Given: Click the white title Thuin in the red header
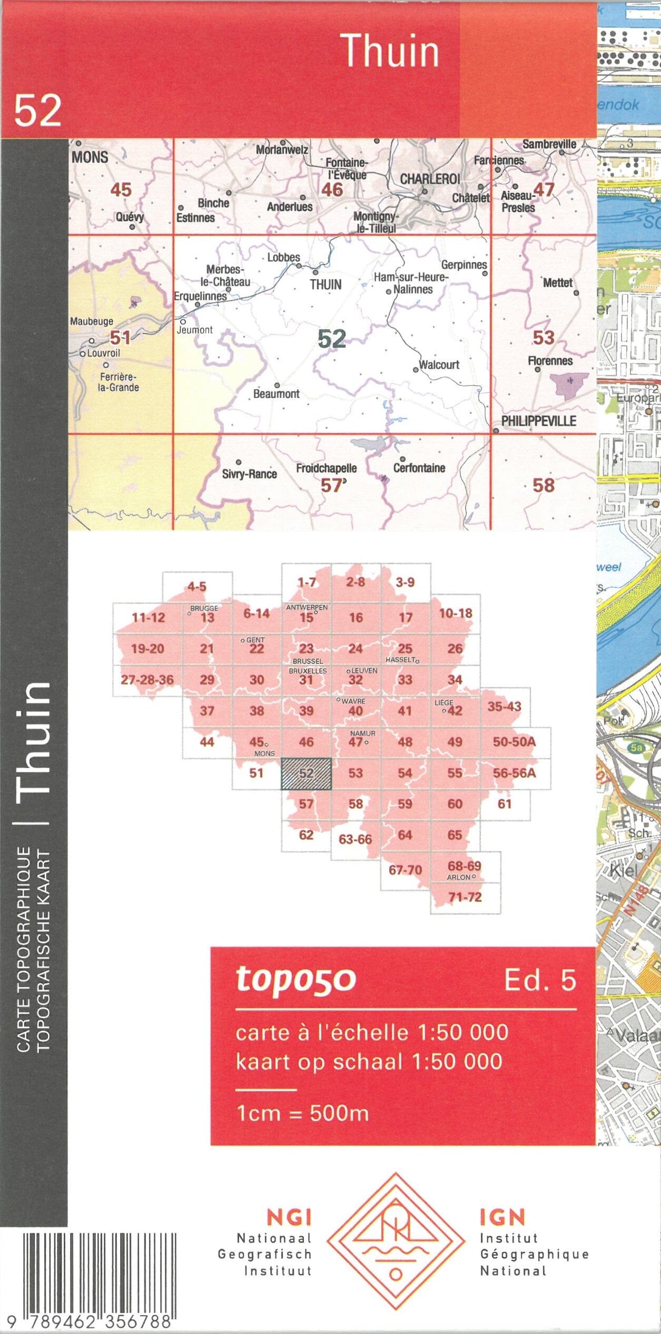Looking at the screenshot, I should (390, 51).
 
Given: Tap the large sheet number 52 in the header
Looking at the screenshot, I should (37, 110).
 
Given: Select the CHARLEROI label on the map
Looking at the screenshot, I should (430, 179).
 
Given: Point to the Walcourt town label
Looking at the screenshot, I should (439, 365).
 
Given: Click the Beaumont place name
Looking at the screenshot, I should (276, 394).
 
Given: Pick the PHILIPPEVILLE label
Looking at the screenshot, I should (538, 421).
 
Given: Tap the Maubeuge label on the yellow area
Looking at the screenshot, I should (92, 321).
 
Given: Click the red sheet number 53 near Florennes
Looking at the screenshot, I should (543, 337).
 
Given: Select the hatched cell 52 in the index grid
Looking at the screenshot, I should (306, 773).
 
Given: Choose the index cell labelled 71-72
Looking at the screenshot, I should (465, 897).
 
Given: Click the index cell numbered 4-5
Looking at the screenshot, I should (197, 586).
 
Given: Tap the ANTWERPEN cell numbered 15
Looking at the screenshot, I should (307, 617).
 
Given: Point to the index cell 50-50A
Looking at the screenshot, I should (514, 742).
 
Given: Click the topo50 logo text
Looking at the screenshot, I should (296, 979).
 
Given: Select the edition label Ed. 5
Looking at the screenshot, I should (540, 980).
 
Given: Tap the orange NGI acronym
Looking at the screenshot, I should (289, 1218).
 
